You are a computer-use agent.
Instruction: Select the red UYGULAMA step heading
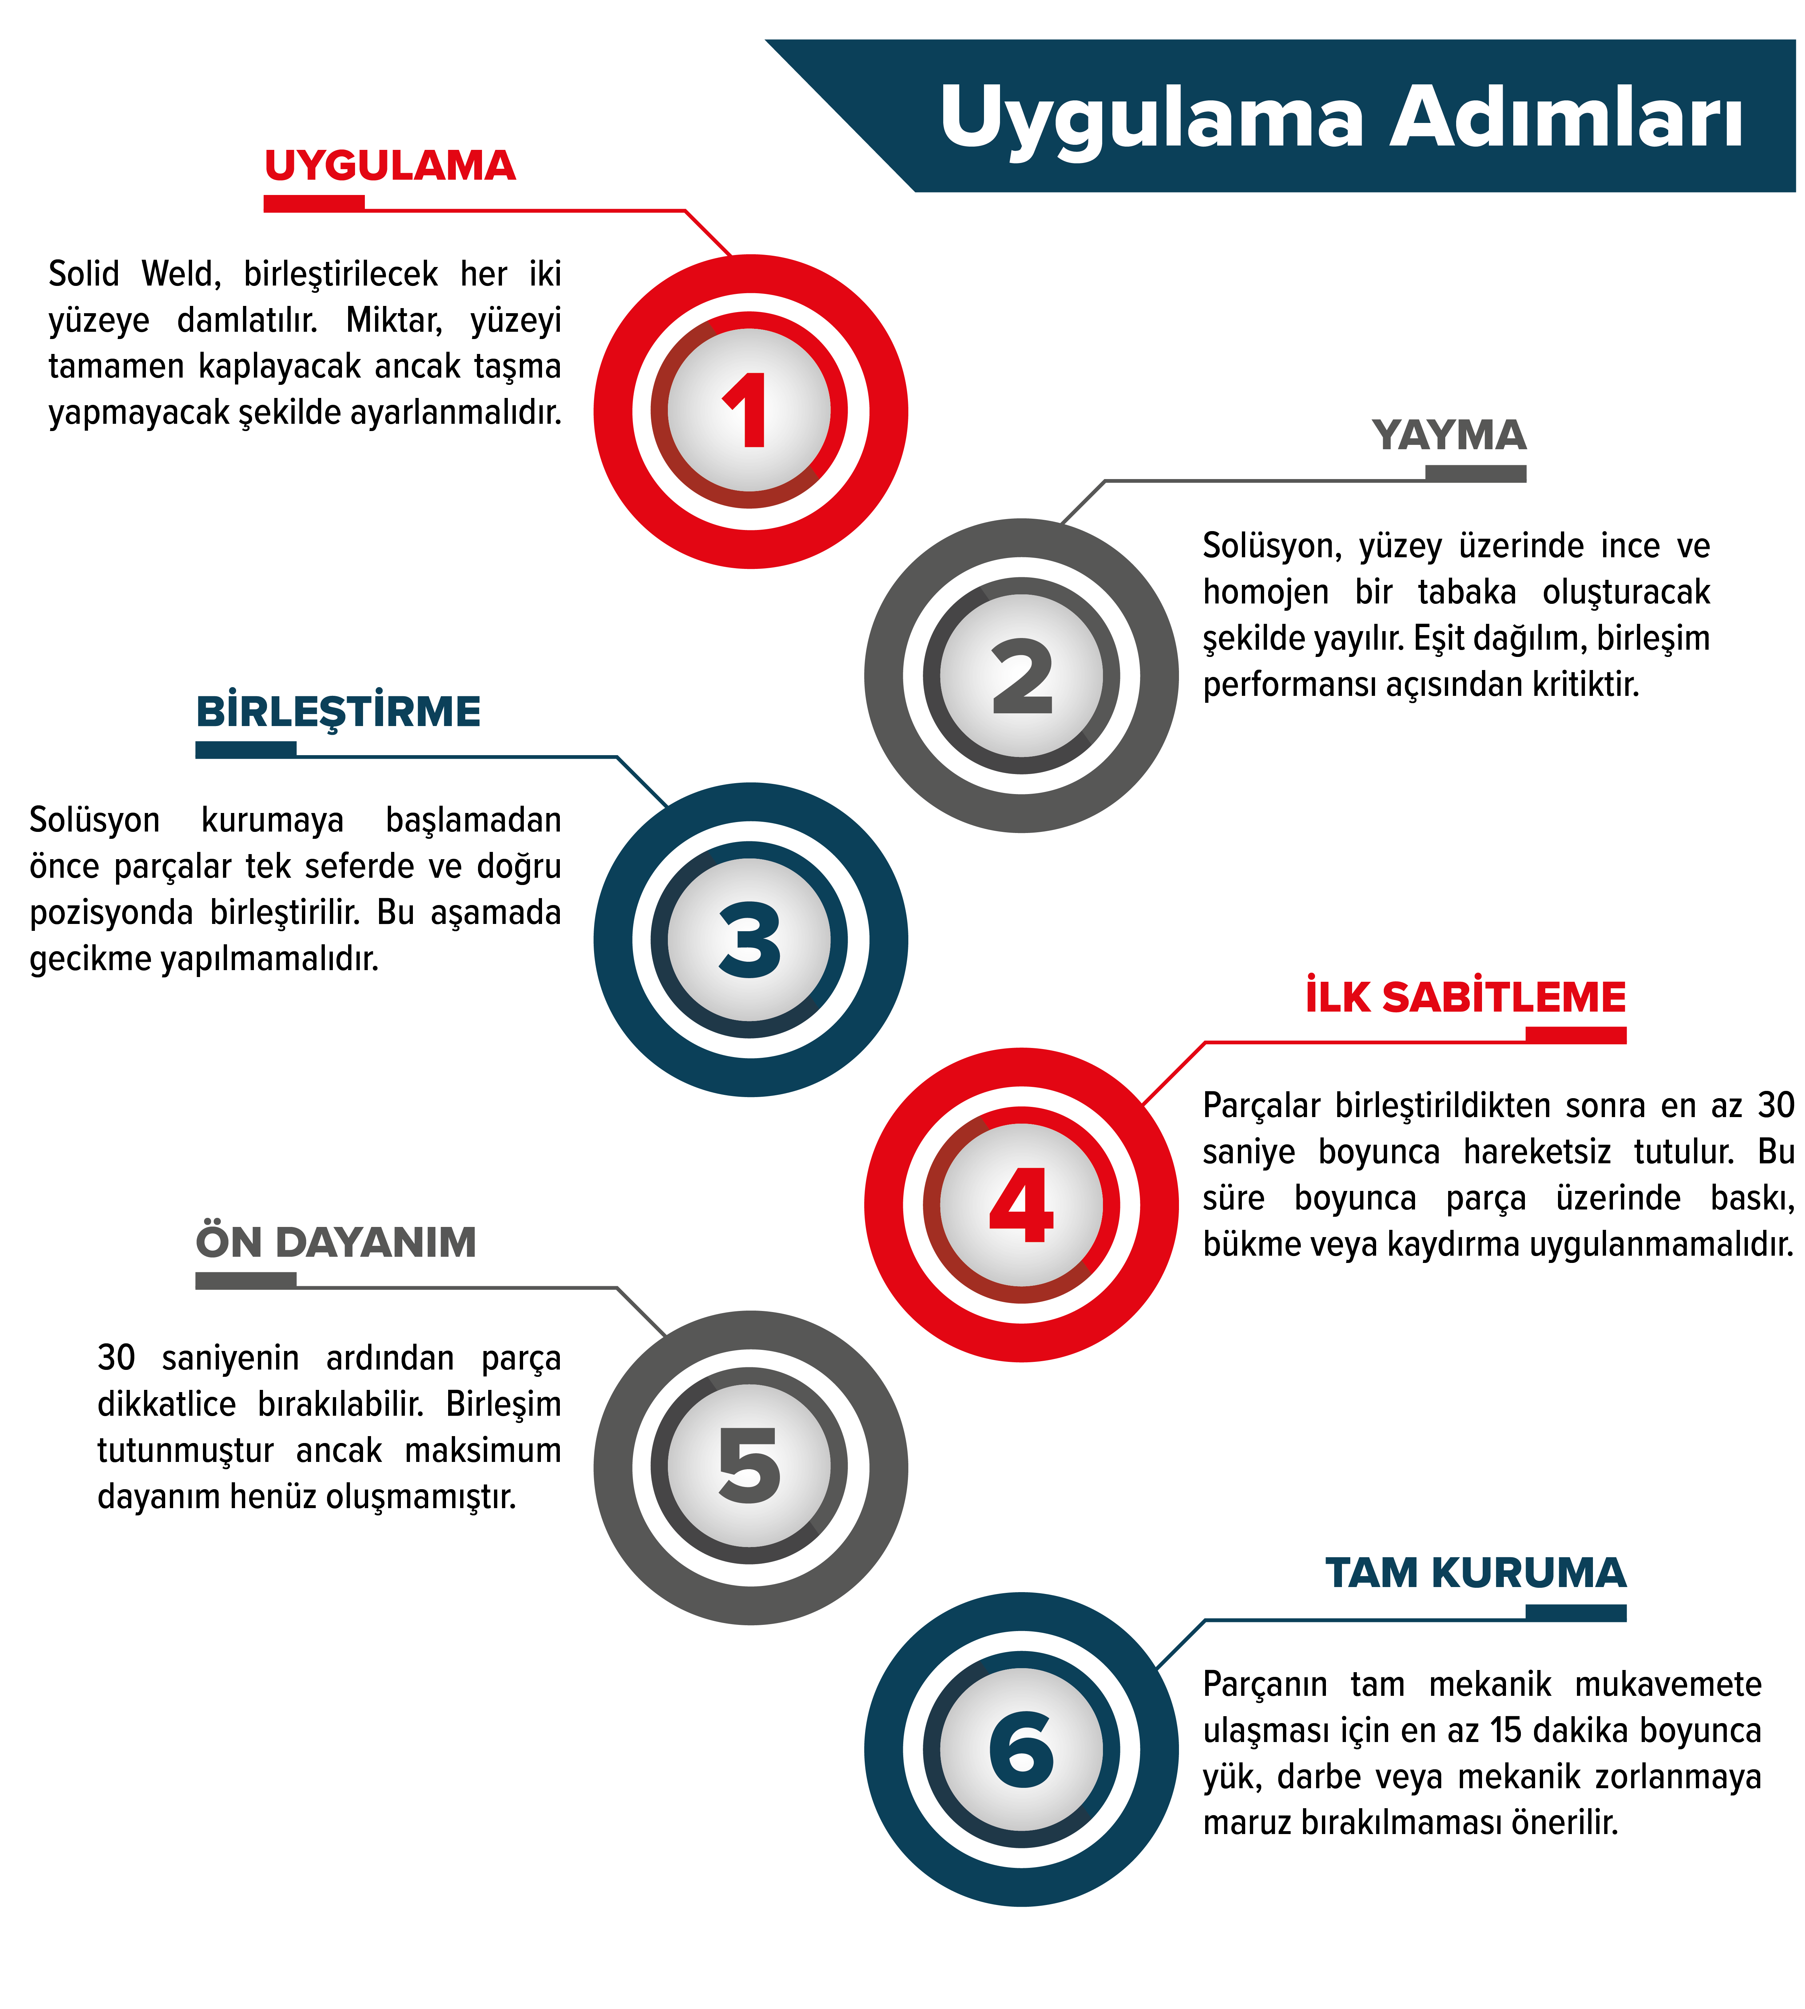tap(390, 166)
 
